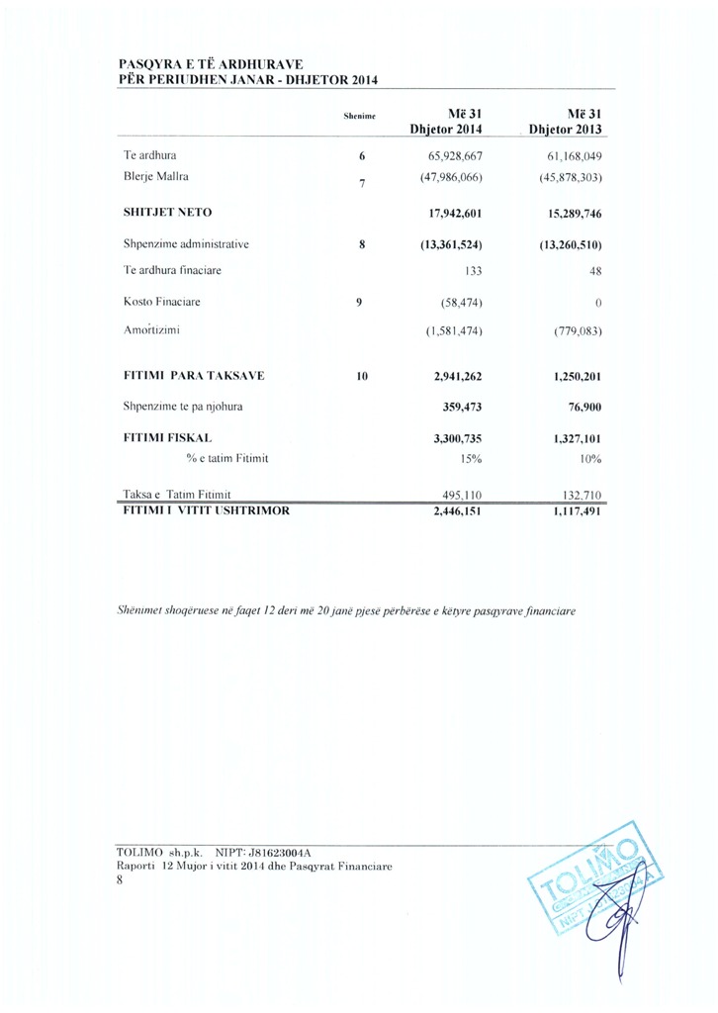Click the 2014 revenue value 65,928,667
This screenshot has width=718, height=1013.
(455, 156)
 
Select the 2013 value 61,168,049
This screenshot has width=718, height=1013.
(575, 156)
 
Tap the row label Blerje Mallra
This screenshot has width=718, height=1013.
(155, 177)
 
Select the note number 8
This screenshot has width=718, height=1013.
(362, 243)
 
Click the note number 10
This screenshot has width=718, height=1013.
(362, 376)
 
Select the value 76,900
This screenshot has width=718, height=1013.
(583, 406)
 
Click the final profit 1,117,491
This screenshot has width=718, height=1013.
(575, 512)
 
